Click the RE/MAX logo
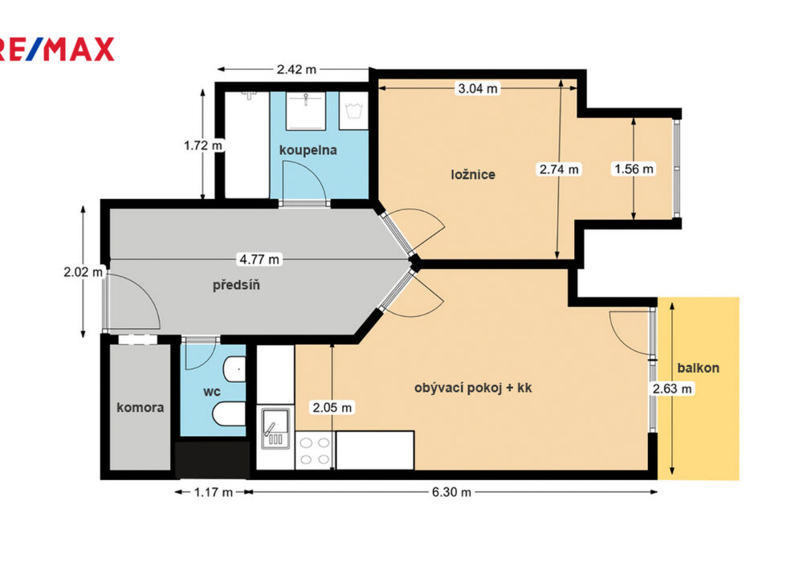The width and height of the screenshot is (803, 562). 57,50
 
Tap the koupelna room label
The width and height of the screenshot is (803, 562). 308,150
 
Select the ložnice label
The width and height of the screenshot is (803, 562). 473,174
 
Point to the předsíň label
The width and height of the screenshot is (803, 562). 236,284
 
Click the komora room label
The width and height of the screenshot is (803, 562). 141,407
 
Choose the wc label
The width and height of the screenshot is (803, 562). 211,392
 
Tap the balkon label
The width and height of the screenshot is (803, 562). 698,368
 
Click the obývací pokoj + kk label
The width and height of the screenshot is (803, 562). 473,388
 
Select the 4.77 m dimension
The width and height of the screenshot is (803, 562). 259,259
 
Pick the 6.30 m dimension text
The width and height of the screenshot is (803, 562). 451,492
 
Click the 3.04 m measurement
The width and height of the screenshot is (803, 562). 477,88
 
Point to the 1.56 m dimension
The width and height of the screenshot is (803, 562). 634,169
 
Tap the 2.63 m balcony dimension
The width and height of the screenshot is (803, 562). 672,389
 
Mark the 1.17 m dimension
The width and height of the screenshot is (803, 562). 214,492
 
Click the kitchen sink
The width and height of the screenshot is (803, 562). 275,428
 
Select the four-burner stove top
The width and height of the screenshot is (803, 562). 315,450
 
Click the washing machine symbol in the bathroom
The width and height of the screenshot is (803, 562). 354,111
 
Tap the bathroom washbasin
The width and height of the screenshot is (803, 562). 306,111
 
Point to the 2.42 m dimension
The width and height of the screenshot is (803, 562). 296,70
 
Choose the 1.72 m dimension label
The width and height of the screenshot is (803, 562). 203,145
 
